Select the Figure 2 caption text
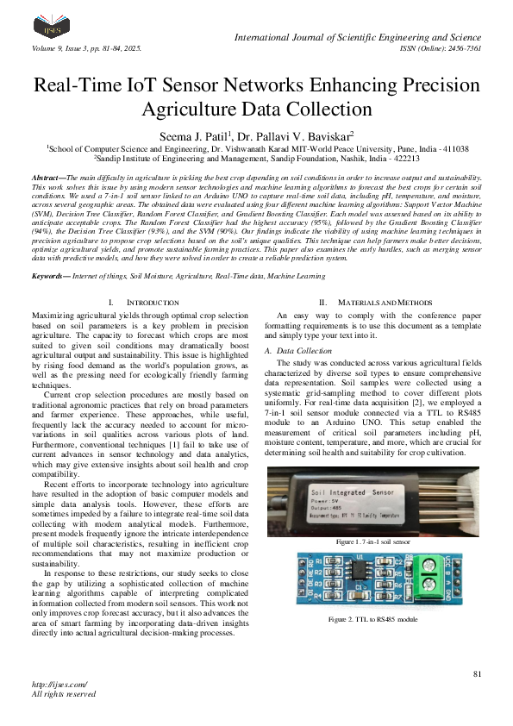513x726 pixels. [x=372, y=620]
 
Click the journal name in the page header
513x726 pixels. [x=358, y=37]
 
